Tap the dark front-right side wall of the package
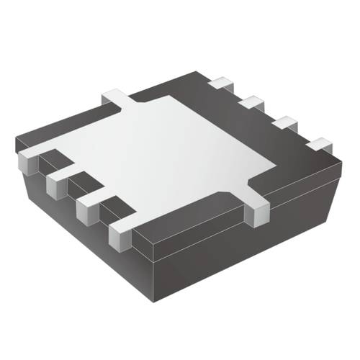(x=252, y=259)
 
